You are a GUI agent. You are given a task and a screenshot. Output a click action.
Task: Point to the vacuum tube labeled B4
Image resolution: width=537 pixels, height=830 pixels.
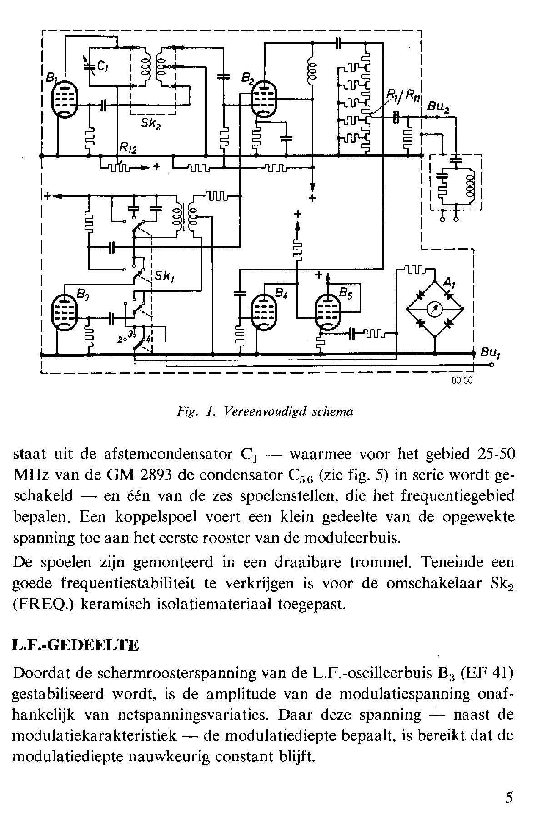tap(264, 312)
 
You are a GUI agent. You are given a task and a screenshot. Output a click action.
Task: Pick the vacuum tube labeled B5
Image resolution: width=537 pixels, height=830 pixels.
tap(328, 312)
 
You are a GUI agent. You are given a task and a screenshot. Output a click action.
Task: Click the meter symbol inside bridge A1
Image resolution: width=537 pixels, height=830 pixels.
tap(435, 310)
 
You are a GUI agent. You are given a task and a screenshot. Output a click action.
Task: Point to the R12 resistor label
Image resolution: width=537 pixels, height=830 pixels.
tap(129, 148)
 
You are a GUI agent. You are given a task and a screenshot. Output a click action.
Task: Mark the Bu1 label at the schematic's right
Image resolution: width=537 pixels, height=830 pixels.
tap(490, 353)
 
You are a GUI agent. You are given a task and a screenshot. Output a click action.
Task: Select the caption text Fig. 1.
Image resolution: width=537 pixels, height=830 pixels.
tap(188, 412)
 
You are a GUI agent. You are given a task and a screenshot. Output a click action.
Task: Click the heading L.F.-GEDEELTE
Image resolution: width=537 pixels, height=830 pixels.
tap(76, 645)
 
